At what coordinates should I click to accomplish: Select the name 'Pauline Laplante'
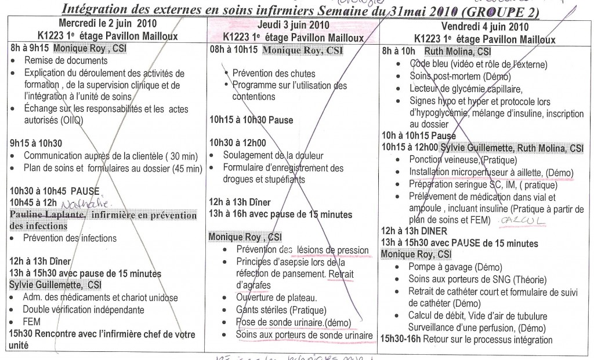46,216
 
